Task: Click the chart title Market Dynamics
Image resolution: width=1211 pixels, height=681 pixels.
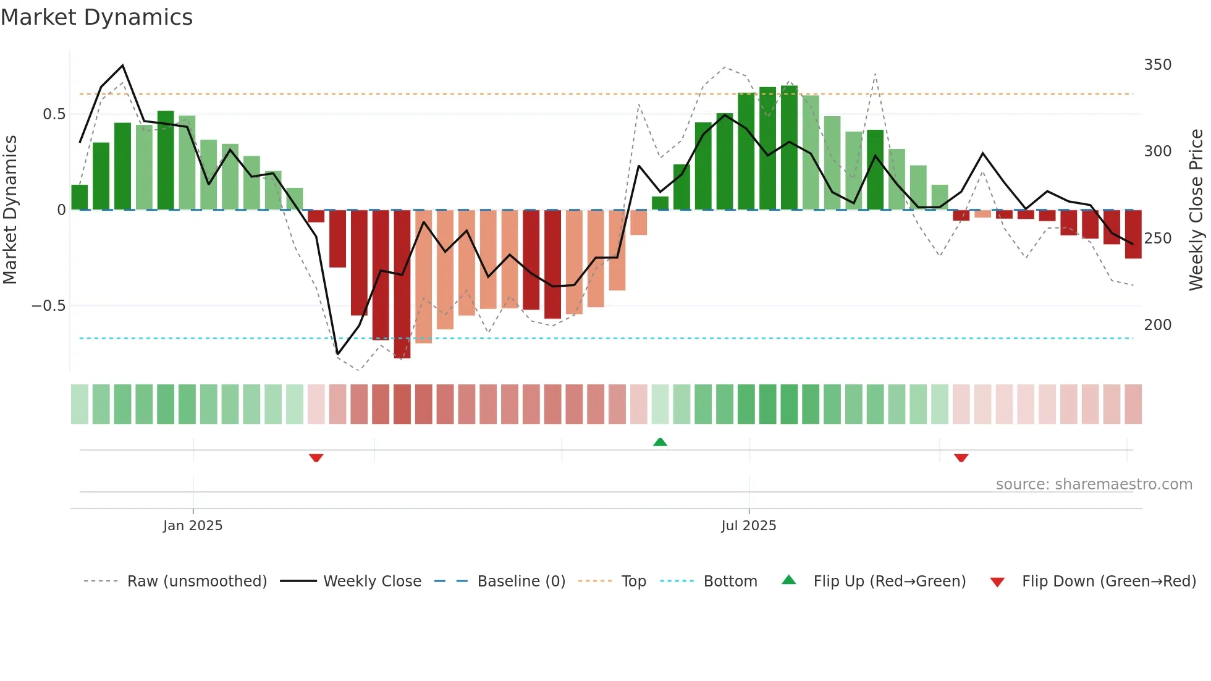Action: click(x=97, y=17)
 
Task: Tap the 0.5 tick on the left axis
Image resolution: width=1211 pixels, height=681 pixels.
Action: click(x=54, y=114)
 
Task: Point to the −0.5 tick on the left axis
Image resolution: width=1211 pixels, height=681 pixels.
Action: click(x=48, y=306)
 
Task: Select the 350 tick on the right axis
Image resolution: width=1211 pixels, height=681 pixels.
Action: click(x=1157, y=65)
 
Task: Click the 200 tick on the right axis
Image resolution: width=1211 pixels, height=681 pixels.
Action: click(x=1157, y=325)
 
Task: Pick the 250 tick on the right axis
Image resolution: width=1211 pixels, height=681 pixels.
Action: click(x=1157, y=239)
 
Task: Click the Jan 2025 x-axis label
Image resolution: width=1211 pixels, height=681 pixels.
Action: click(x=193, y=526)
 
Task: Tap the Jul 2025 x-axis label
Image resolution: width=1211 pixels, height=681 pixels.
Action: click(x=748, y=526)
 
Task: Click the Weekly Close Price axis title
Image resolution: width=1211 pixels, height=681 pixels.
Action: click(x=1196, y=210)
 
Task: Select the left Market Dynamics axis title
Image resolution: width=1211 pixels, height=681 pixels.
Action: click(x=10, y=210)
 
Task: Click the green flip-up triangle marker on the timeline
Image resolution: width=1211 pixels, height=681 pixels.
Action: click(x=660, y=442)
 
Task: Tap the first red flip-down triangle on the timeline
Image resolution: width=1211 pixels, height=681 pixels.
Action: click(x=316, y=458)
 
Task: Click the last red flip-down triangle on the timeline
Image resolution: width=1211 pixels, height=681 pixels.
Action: click(x=961, y=458)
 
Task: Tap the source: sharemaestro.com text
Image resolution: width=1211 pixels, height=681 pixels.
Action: click(x=1094, y=484)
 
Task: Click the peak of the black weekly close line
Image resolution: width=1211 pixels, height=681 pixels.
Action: click(x=123, y=65)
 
